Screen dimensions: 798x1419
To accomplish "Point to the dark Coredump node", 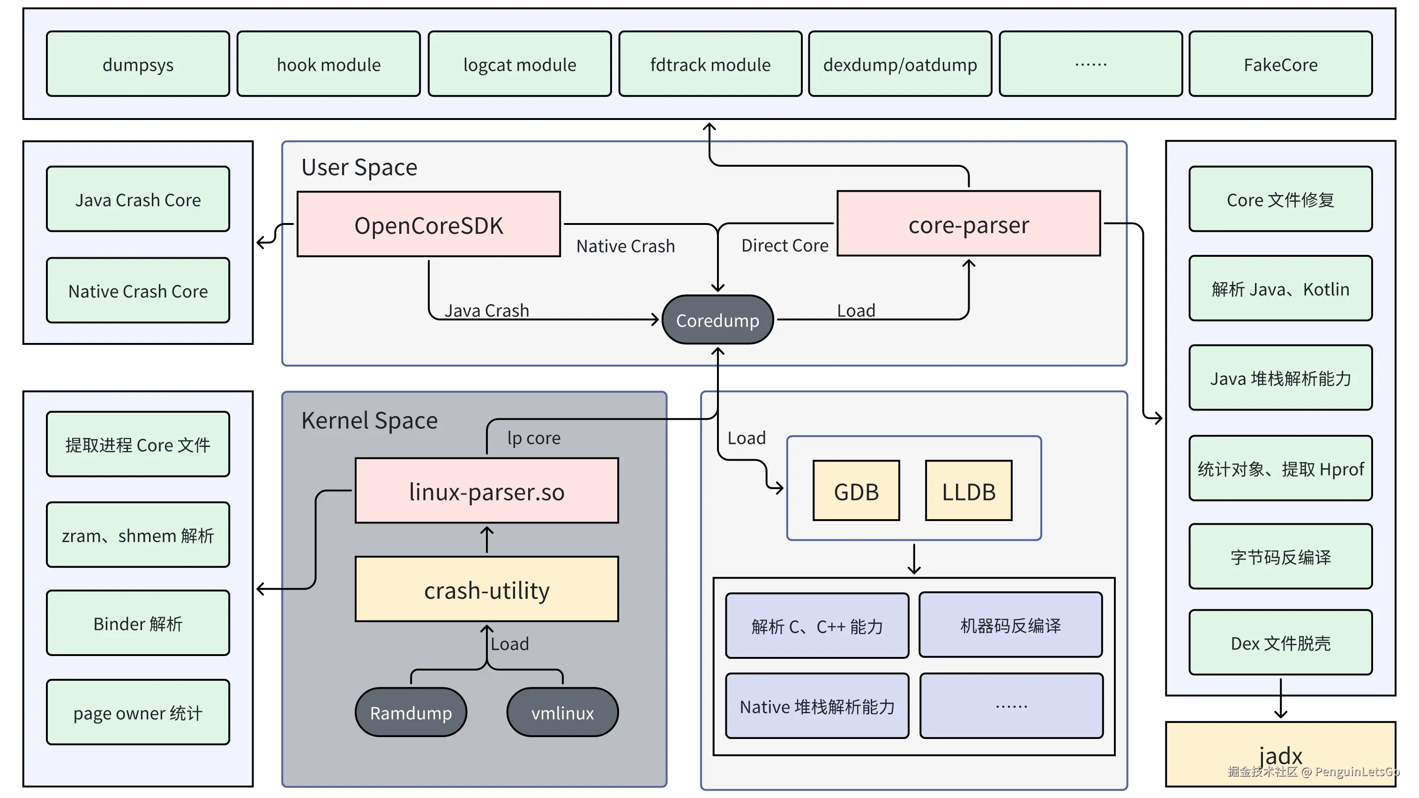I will pyautogui.click(x=717, y=320).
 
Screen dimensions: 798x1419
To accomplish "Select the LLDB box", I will pyautogui.click(x=968, y=491).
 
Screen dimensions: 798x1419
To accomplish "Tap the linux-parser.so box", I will pyautogui.click(x=486, y=491).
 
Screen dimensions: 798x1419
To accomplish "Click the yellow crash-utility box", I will pyautogui.click(x=486, y=589).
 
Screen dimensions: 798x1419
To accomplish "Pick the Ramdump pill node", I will pyautogui.click(x=411, y=712).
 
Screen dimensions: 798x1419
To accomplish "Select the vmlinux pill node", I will pyautogui.click(x=562, y=712).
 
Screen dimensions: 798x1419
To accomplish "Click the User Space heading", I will pyautogui.click(x=358, y=166).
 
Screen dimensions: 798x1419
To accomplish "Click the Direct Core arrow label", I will pyautogui.click(x=784, y=245).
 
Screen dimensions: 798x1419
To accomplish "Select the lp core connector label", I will pyautogui.click(x=533, y=437).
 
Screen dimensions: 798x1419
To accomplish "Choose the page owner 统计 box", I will pyautogui.click(x=138, y=712).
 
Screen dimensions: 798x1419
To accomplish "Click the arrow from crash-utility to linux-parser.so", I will pyautogui.click(x=486, y=539).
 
